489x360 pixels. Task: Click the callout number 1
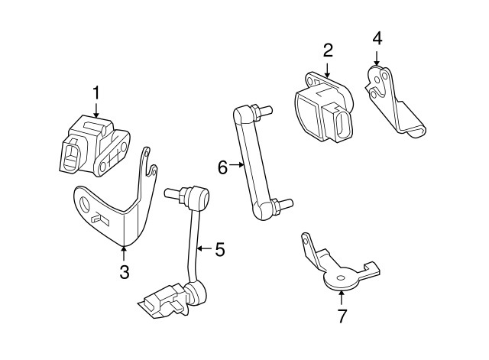[x=97, y=92]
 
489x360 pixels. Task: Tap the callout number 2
[x=328, y=50]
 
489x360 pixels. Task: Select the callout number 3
[x=124, y=272]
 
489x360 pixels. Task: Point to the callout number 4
[x=377, y=37]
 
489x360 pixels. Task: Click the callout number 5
[x=219, y=249]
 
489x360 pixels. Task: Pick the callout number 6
[x=222, y=167]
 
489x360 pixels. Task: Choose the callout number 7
[x=342, y=314]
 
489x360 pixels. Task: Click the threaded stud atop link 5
[x=171, y=193]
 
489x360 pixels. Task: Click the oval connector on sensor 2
[x=338, y=122]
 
